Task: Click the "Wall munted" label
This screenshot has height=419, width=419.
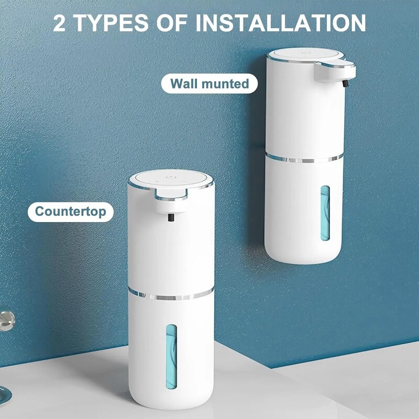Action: point(210,83)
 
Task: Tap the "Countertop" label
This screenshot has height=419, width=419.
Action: point(70,212)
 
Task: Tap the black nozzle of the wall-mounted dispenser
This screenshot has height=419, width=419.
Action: point(344,83)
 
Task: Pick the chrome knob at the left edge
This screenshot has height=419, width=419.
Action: point(6,319)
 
